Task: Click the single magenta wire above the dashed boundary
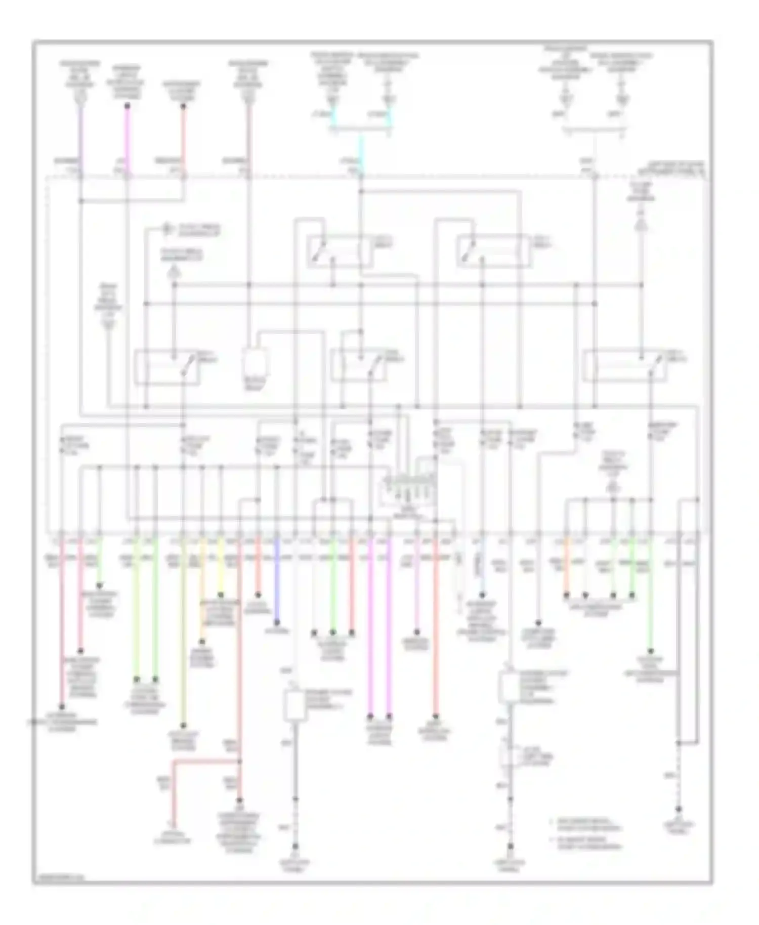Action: pyautogui.click(x=128, y=137)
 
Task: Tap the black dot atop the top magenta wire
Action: pyautogui.click(x=128, y=106)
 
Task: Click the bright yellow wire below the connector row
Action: pyautogui.click(x=221, y=567)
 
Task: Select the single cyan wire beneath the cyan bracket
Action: pyautogui.click(x=361, y=152)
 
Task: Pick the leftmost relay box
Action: pyautogui.click(x=167, y=367)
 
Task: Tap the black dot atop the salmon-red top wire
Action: pyautogui.click(x=183, y=106)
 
